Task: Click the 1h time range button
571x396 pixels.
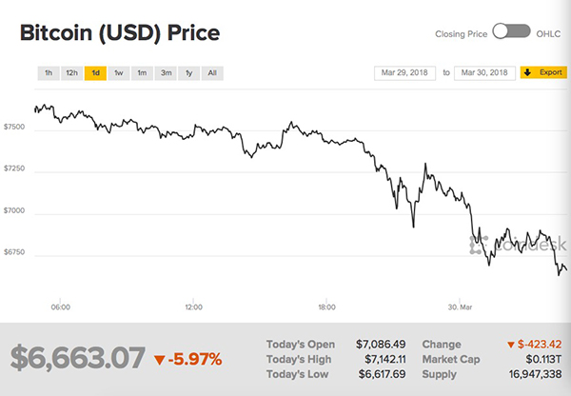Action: click(x=47, y=72)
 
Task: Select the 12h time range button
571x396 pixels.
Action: click(x=70, y=72)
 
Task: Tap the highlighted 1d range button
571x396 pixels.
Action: click(x=95, y=72)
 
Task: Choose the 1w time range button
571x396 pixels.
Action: click(x=118, y=72)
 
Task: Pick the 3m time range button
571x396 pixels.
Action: click(x=166, y=72)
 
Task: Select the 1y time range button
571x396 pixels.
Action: click(x=189, y=72)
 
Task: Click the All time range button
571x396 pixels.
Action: click(x=212, y=72)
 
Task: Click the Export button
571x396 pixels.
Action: click(x=543, y=72)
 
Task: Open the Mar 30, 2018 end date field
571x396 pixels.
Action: click(x=485, y=72)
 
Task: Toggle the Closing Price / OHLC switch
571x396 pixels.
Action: click(x=511, y=31)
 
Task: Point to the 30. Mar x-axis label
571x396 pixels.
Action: click(x=460, y=307)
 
